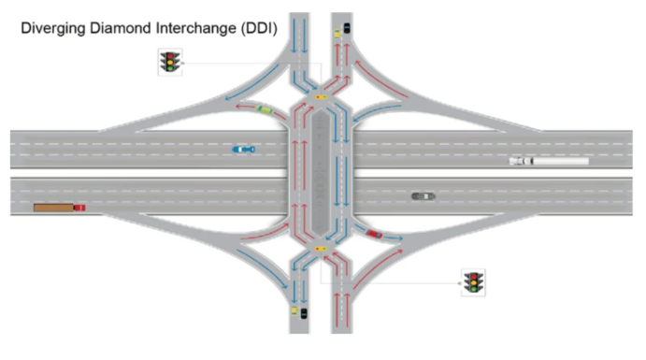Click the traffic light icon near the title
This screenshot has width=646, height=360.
[170, 63]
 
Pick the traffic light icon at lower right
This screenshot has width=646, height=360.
[473, 282]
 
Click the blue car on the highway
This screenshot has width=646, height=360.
[244, 150]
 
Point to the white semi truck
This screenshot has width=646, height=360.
[549, 161]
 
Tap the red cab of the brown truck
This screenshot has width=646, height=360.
[79, 208]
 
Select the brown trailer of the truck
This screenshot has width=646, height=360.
[53, 208]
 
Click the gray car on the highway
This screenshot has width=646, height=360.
[423, 196]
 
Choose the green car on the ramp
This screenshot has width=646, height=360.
[265, 110]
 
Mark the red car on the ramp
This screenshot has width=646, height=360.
[374, 235]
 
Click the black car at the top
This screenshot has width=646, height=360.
[347, 28]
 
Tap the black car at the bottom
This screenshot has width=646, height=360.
[304, 313]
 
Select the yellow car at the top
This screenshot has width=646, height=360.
[337, 34]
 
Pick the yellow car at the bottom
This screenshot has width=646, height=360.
[294, 311]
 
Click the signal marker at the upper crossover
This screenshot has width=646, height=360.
[321, 97]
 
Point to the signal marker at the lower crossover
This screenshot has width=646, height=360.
[321, 249]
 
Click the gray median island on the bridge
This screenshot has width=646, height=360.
[321, 173]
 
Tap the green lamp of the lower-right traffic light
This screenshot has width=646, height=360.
[473, 289]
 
